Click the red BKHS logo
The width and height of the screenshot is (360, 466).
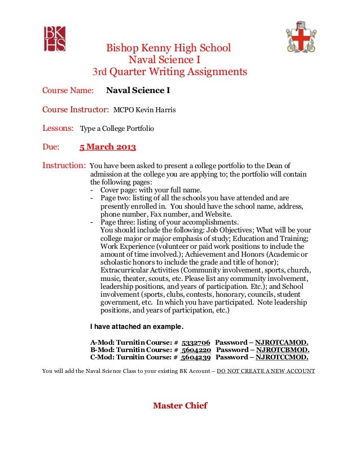coord(55,38)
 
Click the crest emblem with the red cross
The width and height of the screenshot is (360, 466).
coord(301,37)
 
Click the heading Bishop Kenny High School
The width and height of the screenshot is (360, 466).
coord(169,49)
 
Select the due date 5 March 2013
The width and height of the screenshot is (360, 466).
coord(107,148)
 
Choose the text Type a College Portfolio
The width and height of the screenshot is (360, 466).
coord(117,129)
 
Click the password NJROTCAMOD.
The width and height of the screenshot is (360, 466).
coord(282,342)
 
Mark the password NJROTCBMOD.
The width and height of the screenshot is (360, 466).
coord(282,350)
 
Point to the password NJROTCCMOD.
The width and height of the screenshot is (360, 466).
coord(282,357)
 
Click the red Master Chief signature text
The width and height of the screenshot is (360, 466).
coord(180,405)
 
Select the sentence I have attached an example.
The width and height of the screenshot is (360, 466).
coord(137,327)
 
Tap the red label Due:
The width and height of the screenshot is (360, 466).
coord(51,148)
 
